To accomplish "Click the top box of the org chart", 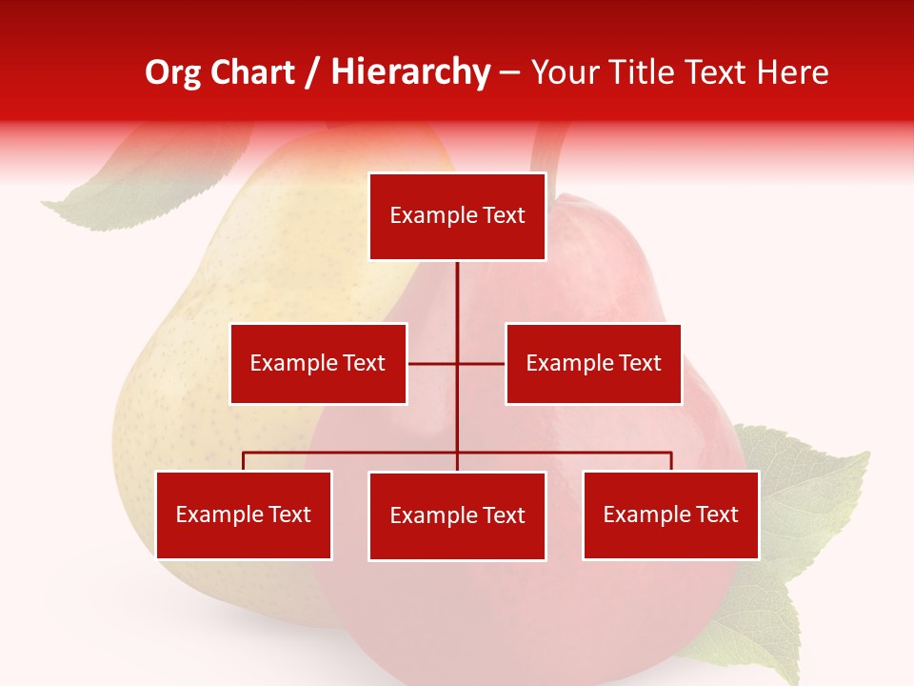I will coord(457,216).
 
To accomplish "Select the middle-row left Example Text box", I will coord(318,363).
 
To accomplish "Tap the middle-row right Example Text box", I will coord(593,363).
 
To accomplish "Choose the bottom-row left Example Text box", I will coord(244,514).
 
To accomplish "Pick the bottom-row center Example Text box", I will coord(457,515).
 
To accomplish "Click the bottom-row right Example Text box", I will coord(670,514).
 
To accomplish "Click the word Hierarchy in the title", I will coord(410,72).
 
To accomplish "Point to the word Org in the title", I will coord(172,72).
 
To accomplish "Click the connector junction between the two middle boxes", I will coord(457,363).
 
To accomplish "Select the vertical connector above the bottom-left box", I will coord(244,461).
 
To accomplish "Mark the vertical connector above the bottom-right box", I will coord(670,461).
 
